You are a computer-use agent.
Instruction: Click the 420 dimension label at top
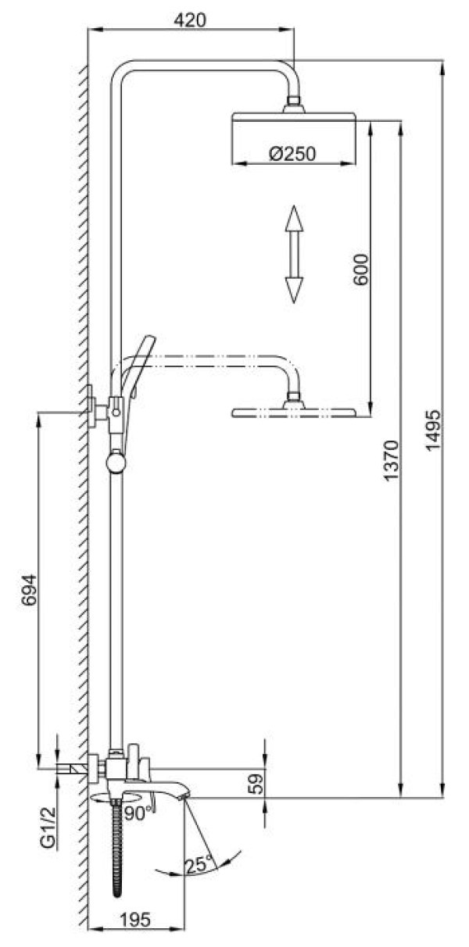coord(192,20)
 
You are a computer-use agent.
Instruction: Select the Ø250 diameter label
coord(292,154)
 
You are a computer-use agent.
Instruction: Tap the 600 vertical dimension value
coord(361,268)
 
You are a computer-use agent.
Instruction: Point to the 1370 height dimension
coord(392,461)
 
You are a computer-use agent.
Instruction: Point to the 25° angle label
coord(199,863)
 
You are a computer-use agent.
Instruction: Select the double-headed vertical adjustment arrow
coord(293,253)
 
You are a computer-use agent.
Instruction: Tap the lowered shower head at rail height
coord(294,411)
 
